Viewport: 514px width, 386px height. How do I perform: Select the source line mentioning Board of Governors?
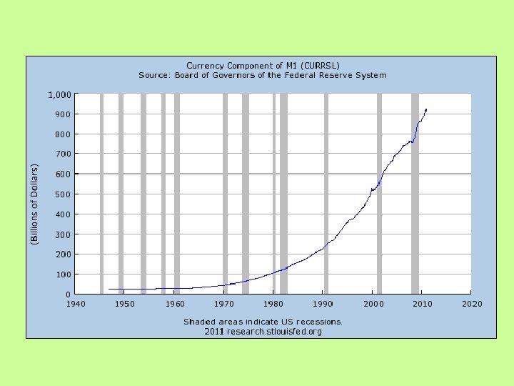pos(262,75)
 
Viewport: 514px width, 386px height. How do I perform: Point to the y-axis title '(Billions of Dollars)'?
pos(34,204)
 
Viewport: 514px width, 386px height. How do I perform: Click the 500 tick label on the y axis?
pos(62,194)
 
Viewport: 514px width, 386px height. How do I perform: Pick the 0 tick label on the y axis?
pos(67,295)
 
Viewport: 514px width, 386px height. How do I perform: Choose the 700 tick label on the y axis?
pos(62,154)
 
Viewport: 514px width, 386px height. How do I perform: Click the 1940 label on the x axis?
pos(75,304)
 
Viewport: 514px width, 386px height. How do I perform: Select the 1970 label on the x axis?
pos(224,304)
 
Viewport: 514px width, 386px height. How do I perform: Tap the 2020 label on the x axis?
pos(471,304)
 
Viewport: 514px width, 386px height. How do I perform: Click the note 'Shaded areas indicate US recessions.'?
pos(263,322)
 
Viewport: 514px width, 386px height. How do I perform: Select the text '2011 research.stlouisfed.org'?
pos(263,332)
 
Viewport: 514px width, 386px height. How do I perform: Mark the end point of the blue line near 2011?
pos(426,109)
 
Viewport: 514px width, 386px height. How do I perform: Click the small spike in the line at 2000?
pos(372,189)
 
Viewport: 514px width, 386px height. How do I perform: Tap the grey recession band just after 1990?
pos(326,193)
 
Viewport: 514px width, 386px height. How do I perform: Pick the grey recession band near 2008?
pos(415,193)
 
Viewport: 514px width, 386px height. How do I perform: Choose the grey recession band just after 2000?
pos(379,193)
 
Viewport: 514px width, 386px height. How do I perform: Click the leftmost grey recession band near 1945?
pos(101,193)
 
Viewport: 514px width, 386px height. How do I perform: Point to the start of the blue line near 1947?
pos(109,289)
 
